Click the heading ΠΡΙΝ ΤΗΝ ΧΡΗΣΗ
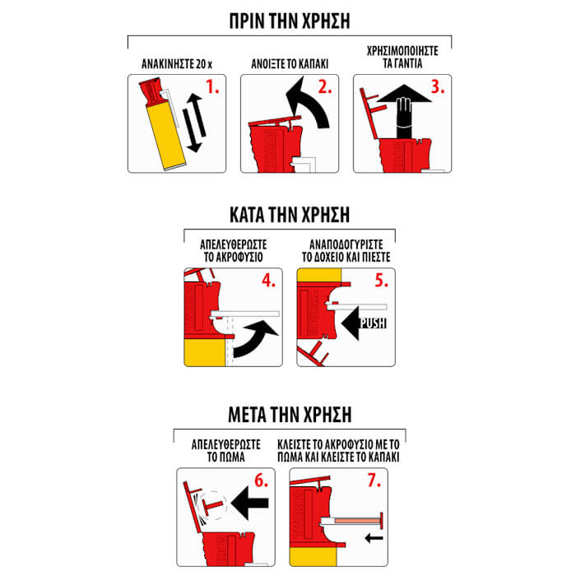(290, 21)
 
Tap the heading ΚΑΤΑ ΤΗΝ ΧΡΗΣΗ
(290, 215)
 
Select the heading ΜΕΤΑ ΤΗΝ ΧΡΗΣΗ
(290, 415)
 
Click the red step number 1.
(212, 87)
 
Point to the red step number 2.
(325, 87)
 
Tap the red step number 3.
(438, 87)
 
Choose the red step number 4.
(268, 281)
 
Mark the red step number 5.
(381, 281)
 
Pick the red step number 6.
(261, 481)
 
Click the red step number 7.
(374, 481)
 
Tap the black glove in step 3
(404, 118)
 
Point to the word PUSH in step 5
(374, 323)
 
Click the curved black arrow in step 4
(256, 338)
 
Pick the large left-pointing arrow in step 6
(250, 503)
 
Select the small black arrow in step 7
(374, 538)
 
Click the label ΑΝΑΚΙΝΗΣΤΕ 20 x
(177, 64)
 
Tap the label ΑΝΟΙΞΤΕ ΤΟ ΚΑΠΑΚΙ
(290, 64)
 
